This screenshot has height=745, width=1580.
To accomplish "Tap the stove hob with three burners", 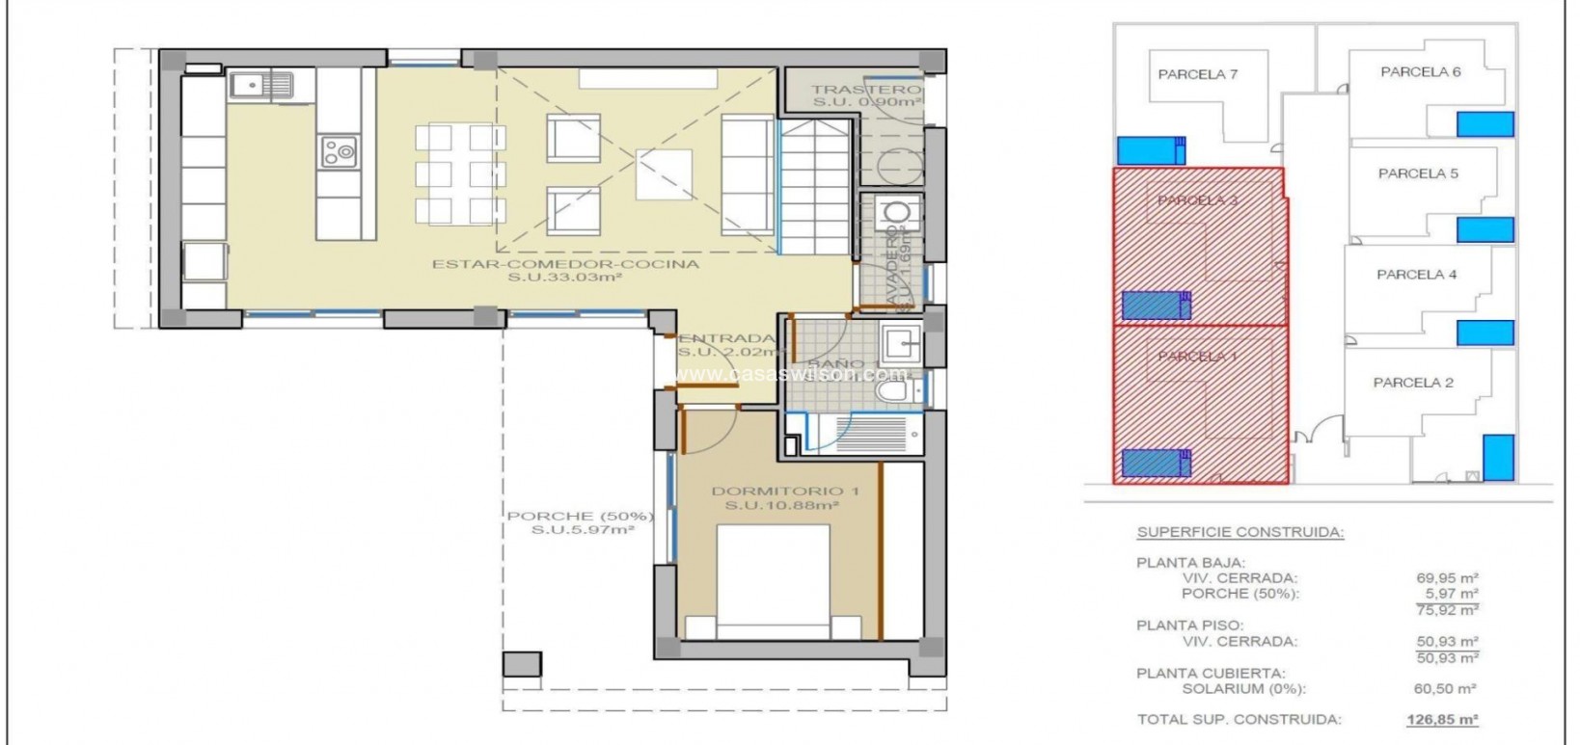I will [339, 150].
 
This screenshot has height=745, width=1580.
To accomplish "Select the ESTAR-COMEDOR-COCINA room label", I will [565, 264].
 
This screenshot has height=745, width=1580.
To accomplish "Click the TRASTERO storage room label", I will [865, 90].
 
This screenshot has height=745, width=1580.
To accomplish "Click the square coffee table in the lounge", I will [664, 174].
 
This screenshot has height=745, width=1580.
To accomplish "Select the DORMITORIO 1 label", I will [784, 492].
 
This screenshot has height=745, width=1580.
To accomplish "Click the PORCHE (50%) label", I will [581, 517].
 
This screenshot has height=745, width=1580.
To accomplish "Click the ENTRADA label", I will [726, 338].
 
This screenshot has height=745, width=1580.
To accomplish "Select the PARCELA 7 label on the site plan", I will [1198, 74].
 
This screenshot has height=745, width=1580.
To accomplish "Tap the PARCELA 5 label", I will [1418, 173].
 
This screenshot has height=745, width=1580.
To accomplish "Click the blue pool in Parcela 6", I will [1485, 123].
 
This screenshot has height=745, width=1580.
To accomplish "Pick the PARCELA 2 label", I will [1413, 383].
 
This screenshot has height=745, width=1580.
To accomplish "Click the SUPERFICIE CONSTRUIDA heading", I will [1240, 532].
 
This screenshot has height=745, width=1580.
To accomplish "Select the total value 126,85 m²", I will [1442, 719].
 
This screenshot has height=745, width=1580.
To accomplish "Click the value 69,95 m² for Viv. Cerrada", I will [1448, 578].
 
